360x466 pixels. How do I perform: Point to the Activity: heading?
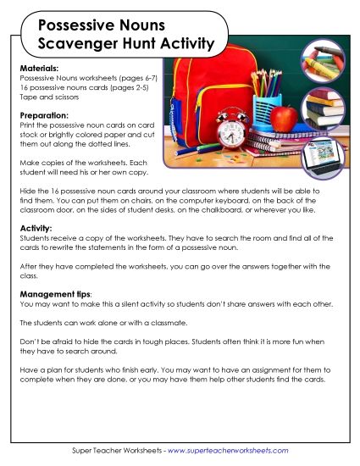[x=35, y=228]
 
